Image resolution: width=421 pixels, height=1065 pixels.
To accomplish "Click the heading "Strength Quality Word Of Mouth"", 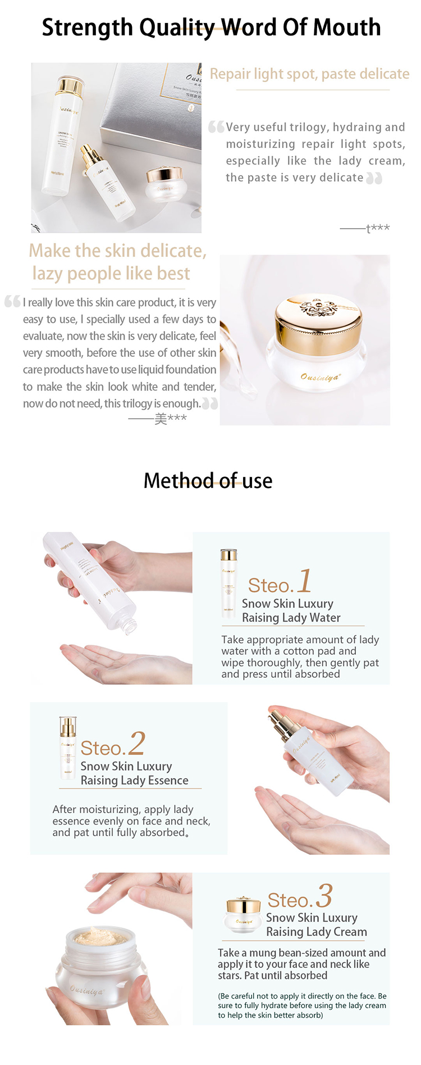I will click(211, 28).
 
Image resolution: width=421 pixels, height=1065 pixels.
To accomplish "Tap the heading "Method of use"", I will click(208, 481).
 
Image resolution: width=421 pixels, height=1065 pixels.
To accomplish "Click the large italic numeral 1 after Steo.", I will click(304, 581).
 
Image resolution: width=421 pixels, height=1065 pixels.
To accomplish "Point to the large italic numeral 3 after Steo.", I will click(324, 896).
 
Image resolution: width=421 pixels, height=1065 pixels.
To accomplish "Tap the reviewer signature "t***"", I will click(377, 228).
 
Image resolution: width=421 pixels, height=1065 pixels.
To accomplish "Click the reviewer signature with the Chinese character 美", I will click(170, 419).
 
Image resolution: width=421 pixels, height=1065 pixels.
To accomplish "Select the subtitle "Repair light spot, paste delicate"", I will click(309, 74).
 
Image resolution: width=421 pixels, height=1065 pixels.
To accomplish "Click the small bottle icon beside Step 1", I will click(228, 584).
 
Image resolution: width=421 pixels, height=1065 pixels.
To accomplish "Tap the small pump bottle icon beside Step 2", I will click(67, 747).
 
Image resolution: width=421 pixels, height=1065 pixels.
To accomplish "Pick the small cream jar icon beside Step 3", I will click(242, 915).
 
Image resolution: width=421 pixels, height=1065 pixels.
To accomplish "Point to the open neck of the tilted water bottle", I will click(131, 624).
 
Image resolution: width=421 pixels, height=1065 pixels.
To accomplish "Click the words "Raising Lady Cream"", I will click(316, 932).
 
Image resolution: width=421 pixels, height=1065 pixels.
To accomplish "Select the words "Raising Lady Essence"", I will click(134, 781).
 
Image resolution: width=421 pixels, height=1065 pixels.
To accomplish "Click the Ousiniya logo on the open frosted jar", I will click(87, 991).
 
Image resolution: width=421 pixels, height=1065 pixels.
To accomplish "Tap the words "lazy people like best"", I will click(111, 274).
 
